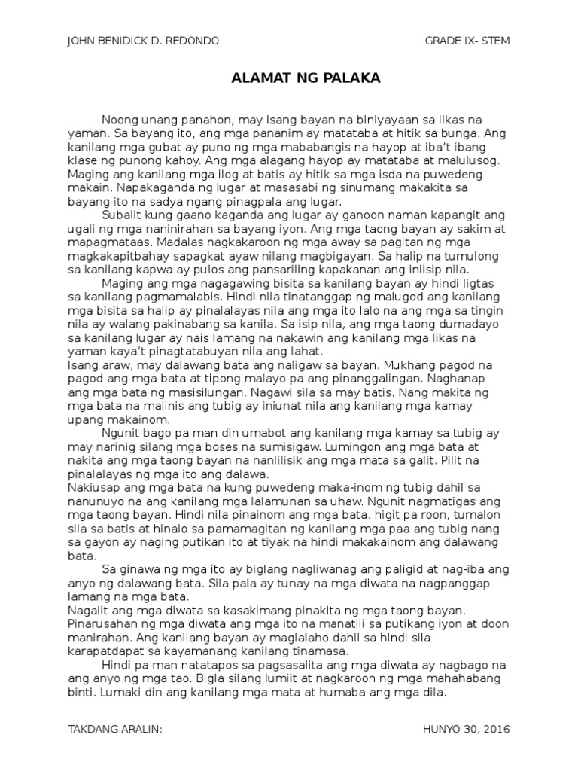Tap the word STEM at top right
pos(494,40)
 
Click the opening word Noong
pos(118,120)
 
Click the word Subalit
pos(122,215)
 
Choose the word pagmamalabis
pos(188,296)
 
